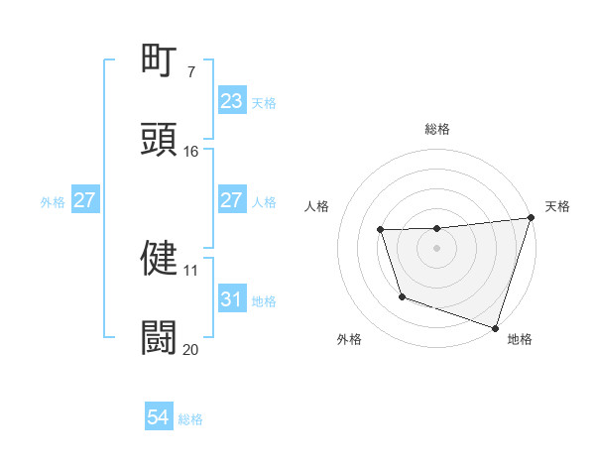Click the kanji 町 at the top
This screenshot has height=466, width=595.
pos(160,61)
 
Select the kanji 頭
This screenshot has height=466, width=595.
pos(160,138)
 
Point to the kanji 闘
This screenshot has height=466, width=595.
pos(160,337)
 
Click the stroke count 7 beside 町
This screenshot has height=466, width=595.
pos(190,71)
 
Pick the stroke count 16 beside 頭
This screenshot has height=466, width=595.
pos(190,151)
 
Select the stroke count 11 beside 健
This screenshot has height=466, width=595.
pos(190,269)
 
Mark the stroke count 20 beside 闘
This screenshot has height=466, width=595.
pos(190,349)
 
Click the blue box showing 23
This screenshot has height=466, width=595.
pos(232,101)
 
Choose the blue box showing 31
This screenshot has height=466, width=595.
pos(232,298)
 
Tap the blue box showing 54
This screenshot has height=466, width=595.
pos(159,418)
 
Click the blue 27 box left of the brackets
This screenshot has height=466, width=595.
pos(84,201)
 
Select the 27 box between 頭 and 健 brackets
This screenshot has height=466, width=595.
pos(232,200)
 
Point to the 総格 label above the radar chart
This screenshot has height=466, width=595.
pos(437,129)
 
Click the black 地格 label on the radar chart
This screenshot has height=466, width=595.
pos(520,339)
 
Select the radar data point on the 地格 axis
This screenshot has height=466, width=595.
pos(495,327)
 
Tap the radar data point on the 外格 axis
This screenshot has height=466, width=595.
pos(402,296)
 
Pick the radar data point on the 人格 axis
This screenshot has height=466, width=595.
pos(381,230)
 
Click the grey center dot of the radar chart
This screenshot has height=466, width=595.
pos(437,248)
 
